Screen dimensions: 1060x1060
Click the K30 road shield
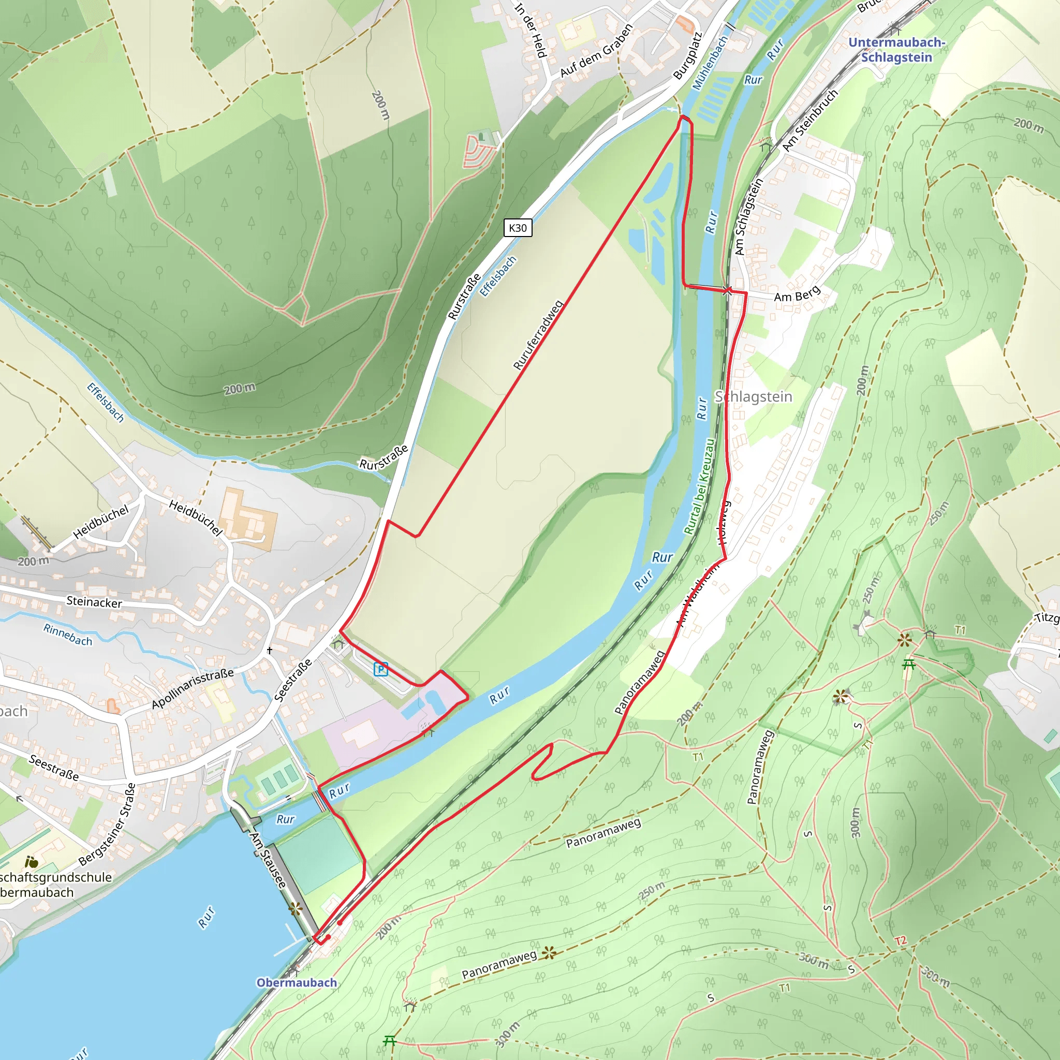pos(518,228)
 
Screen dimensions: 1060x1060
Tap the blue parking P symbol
pos(381,669)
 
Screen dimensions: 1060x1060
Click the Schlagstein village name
pos(753,396)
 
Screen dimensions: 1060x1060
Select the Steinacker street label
pos(94,602)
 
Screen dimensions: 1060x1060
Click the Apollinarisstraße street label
pos(193,688)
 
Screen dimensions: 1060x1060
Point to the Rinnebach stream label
pos(68,634)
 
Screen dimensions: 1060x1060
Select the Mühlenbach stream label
pos(710,62)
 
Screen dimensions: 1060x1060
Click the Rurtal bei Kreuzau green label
pos(700,486)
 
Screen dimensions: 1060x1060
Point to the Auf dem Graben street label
pos(596,51)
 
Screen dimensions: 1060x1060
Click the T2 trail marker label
pos(901,941)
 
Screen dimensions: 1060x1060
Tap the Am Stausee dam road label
pos(268,860)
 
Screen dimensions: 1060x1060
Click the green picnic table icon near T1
pos(909,665)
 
